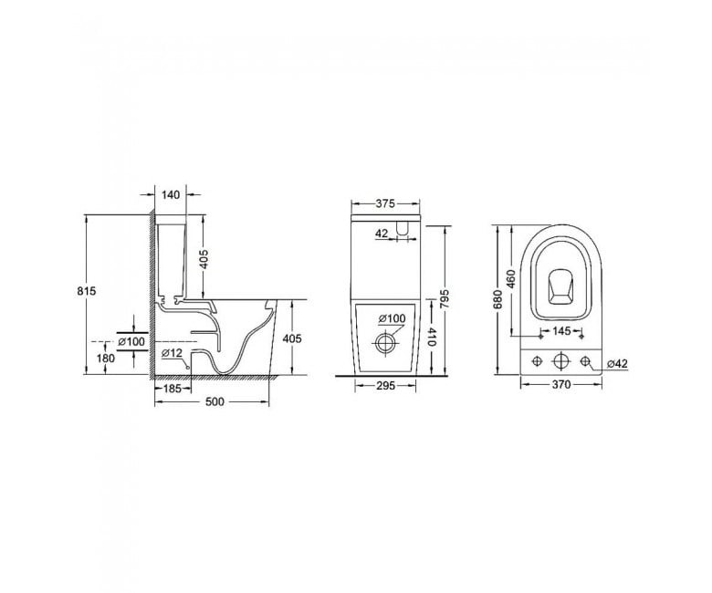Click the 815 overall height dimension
point(87,291)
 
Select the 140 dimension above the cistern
point(171,194)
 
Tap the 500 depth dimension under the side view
point(215,402)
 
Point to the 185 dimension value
point(173,389)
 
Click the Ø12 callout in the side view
point(172,352)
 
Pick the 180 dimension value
point(106,358)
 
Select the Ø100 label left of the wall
point(131,341)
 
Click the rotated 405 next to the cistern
point(204,259)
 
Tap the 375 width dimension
point(385,203)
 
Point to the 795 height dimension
point(444,298)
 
